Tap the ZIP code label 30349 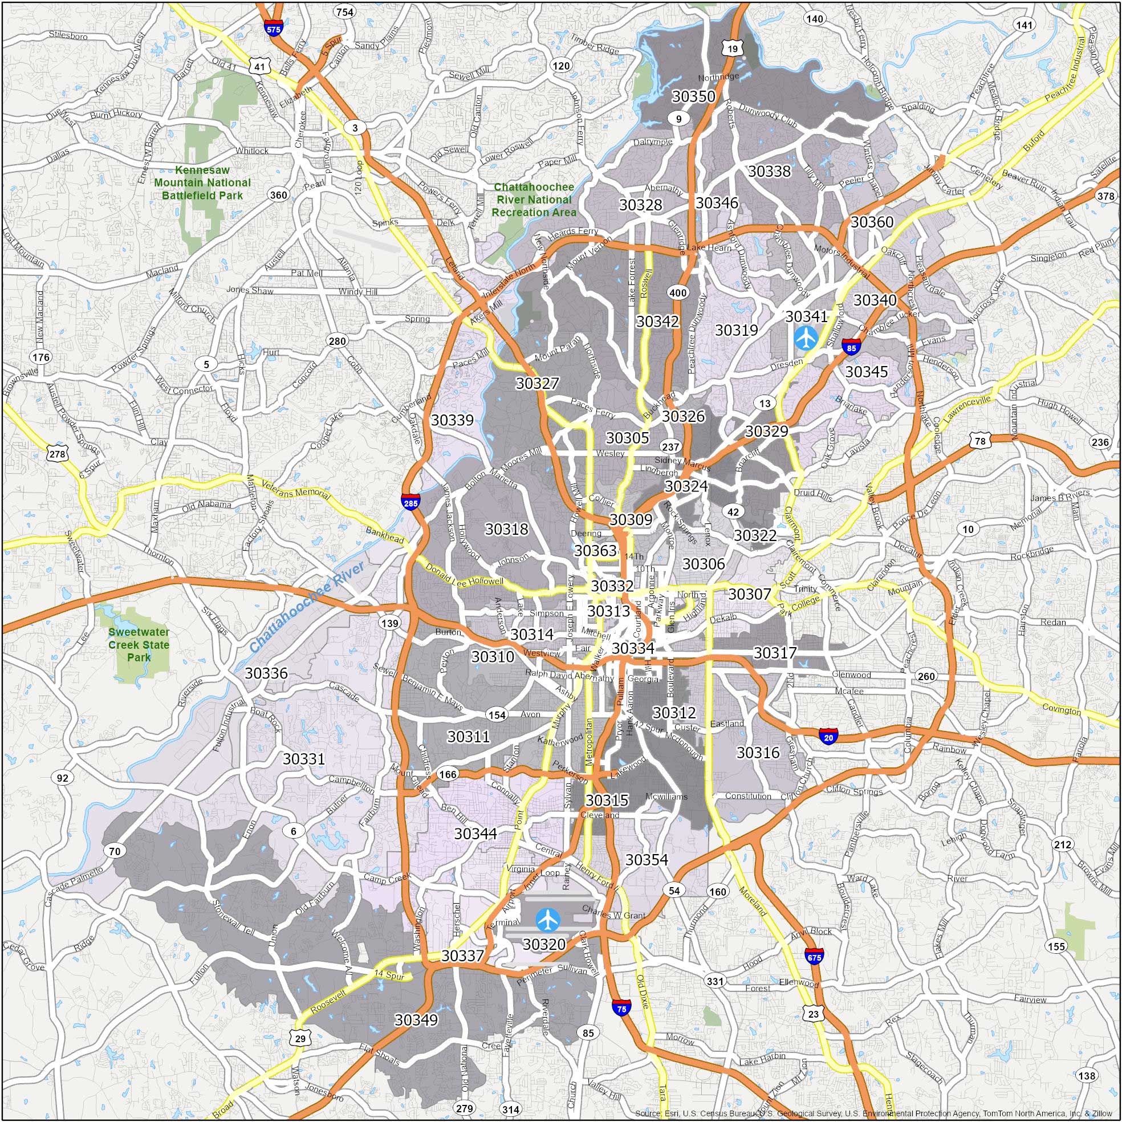[x=416, y=1020]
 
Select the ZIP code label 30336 [x=266, y=673]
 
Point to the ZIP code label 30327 [x=537, y=383]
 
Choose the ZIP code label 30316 [x=758, y=753]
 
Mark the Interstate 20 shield [x=829, y=737]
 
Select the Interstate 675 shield [x=814, y=956]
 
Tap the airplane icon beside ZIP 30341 [x=806, y=338]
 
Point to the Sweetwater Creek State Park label [x=139, y=645]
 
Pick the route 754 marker [x=344, y=12]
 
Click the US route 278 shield [x=57, y=454]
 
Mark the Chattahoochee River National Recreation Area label [x=534, y=200]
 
